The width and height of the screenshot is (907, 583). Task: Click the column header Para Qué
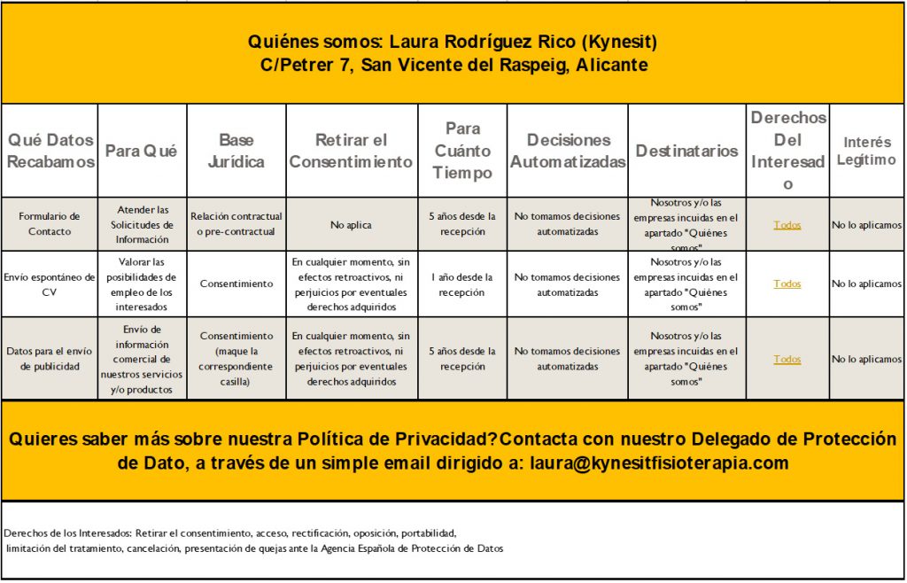pos(142,152)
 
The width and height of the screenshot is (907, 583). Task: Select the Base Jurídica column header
pos(236,152)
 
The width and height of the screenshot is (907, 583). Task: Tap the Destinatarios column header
pos(686,152)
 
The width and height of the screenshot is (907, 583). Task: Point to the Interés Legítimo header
pos(867,151)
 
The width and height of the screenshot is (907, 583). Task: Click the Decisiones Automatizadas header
pos(568,152)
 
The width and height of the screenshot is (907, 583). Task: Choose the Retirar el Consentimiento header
pos(351,152)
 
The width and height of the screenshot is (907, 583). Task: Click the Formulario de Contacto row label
pos(50,224)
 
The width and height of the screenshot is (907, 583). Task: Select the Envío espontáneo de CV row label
pos(50,284)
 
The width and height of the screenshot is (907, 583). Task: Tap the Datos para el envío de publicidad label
pos(50,359)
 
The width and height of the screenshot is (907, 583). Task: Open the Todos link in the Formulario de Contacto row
pos(787,225)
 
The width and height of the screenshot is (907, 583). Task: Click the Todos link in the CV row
pos(787,284)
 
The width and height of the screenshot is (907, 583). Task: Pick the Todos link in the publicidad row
pos(787,360)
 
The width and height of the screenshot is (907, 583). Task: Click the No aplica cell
pos(351,225)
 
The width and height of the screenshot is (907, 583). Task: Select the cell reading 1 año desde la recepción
pos(462,284)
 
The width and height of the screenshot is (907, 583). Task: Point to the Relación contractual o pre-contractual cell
pos(236,224)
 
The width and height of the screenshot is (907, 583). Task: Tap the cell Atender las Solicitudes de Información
pos(142,224)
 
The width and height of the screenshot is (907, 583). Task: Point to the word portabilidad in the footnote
pos(427,533)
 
